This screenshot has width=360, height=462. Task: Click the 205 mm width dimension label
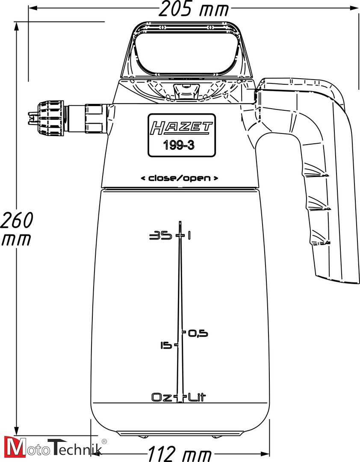193,8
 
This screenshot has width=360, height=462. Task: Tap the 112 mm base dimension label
180,453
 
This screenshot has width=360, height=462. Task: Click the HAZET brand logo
181,127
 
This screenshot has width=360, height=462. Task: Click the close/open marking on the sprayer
180,178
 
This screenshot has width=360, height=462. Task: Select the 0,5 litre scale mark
198,333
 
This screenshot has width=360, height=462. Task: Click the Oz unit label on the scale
162,397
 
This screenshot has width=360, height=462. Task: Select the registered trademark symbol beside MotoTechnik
104,441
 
